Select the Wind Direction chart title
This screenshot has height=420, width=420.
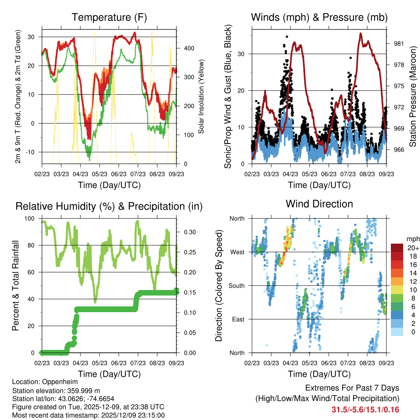(x=319, y=204)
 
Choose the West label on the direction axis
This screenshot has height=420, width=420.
(x=237, y=252)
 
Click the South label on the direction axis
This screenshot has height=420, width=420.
(x=236, y=285)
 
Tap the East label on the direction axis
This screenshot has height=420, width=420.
(x=238, y=319)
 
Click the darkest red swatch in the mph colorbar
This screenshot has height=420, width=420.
(x=397, y=248)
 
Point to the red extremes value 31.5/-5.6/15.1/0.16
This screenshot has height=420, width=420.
(x=365, y=410)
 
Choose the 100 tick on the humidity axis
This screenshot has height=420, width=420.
(x=31, y=219)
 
